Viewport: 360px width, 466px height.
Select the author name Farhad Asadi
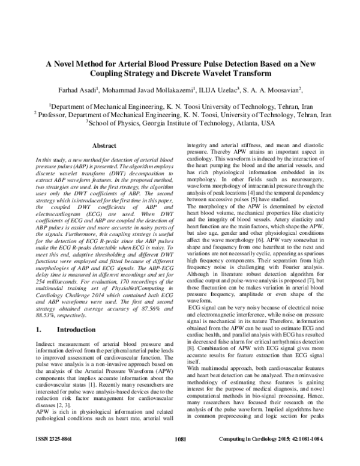[74, 91]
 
